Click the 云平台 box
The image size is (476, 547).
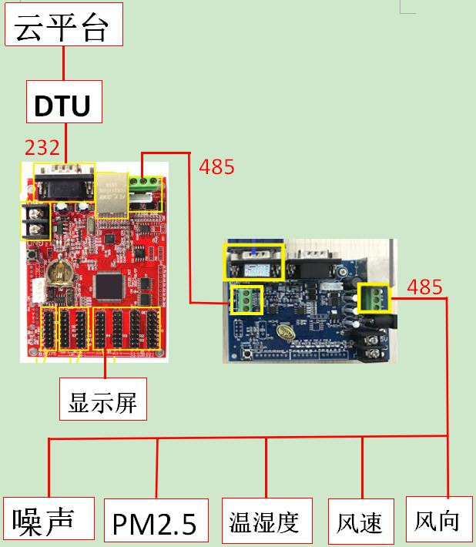point(64,25)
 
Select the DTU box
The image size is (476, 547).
point(64,102)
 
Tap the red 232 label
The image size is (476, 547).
point(42,147)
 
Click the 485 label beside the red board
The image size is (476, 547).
point(216,166)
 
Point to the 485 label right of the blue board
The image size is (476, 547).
point(424,287)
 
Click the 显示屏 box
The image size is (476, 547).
point(103,399)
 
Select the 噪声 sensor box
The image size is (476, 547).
point(49,518)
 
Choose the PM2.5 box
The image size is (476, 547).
point(156,521)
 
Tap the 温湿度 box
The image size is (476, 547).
point(267,521)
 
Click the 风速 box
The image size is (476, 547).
point(361,521)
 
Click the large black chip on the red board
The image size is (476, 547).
point(109,287)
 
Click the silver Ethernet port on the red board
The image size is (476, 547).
point(112,195)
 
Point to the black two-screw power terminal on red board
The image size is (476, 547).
point(35,221)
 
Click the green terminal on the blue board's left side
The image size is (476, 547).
point(247,300)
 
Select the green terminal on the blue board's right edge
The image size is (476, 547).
point(373,297)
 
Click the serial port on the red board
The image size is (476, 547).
point(64,183)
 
